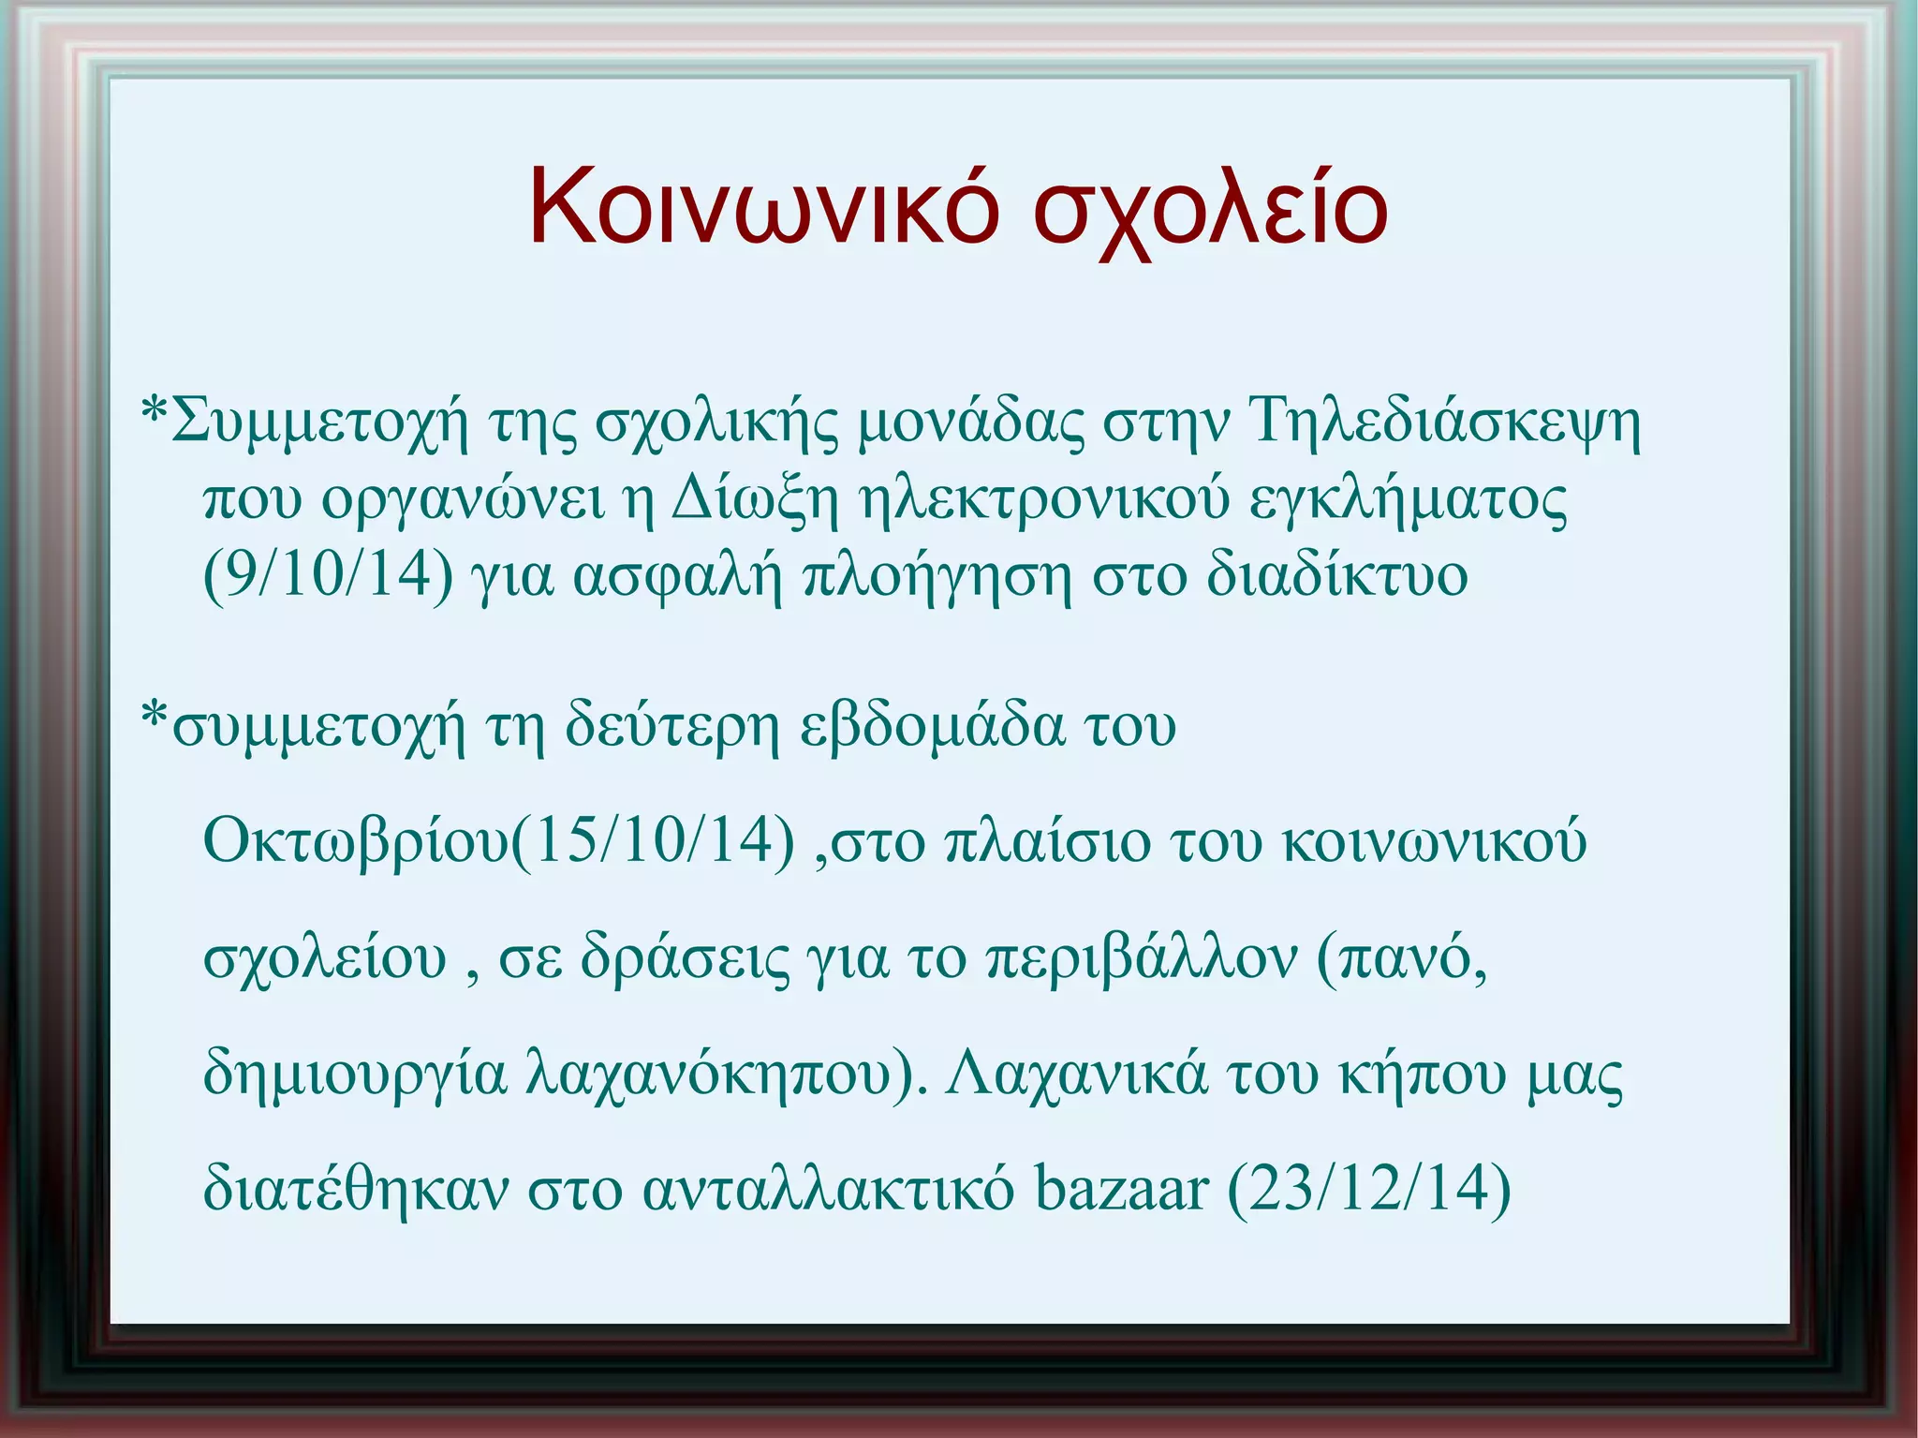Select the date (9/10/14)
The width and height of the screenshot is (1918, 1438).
tap(328, 575)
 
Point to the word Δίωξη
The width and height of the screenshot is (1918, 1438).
tap(755, 500)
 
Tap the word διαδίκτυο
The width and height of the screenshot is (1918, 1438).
tap(1336, 575)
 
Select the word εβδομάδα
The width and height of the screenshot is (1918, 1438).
tap(932, 726)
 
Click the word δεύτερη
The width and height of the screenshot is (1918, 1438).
tap(671, 726)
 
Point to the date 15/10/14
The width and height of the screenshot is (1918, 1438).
tap(653, 840)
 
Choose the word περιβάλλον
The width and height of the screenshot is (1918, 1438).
tap(1143, 958)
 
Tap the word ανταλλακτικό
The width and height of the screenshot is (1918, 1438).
tap(828, 1188)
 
